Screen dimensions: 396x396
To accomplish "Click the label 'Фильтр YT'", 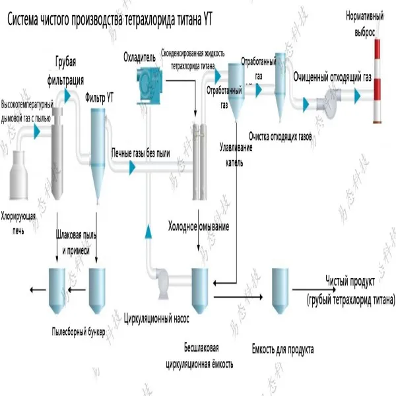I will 100,97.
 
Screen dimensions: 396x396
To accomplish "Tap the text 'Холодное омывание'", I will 199,228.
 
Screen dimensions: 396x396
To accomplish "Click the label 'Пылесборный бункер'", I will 78,331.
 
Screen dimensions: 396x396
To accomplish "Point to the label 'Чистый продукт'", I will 350,280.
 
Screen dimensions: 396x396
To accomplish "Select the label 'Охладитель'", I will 139,57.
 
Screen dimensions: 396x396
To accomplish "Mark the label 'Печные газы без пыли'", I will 141,153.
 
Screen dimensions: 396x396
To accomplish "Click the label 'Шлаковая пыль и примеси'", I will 81,245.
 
